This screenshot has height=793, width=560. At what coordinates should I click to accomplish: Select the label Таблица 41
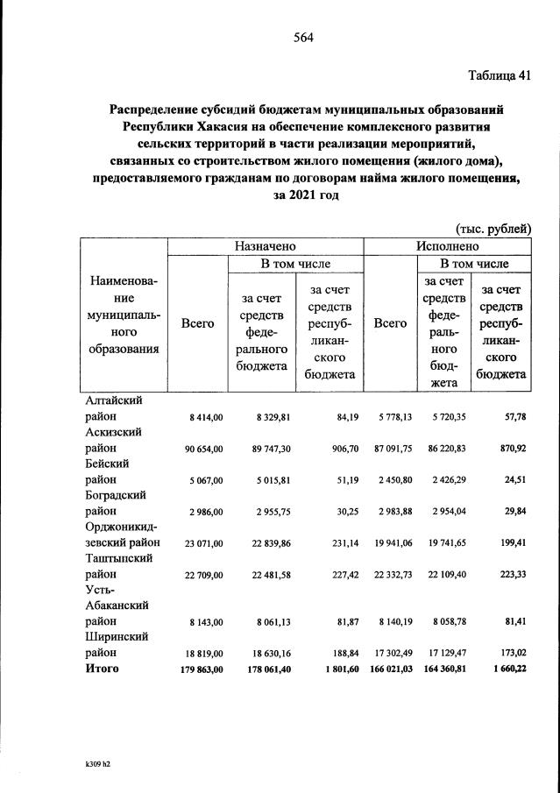499,74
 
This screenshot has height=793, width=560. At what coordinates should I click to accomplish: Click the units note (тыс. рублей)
494,229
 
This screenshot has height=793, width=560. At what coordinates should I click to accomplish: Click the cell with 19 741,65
447,543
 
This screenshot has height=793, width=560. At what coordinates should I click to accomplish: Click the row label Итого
101,669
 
